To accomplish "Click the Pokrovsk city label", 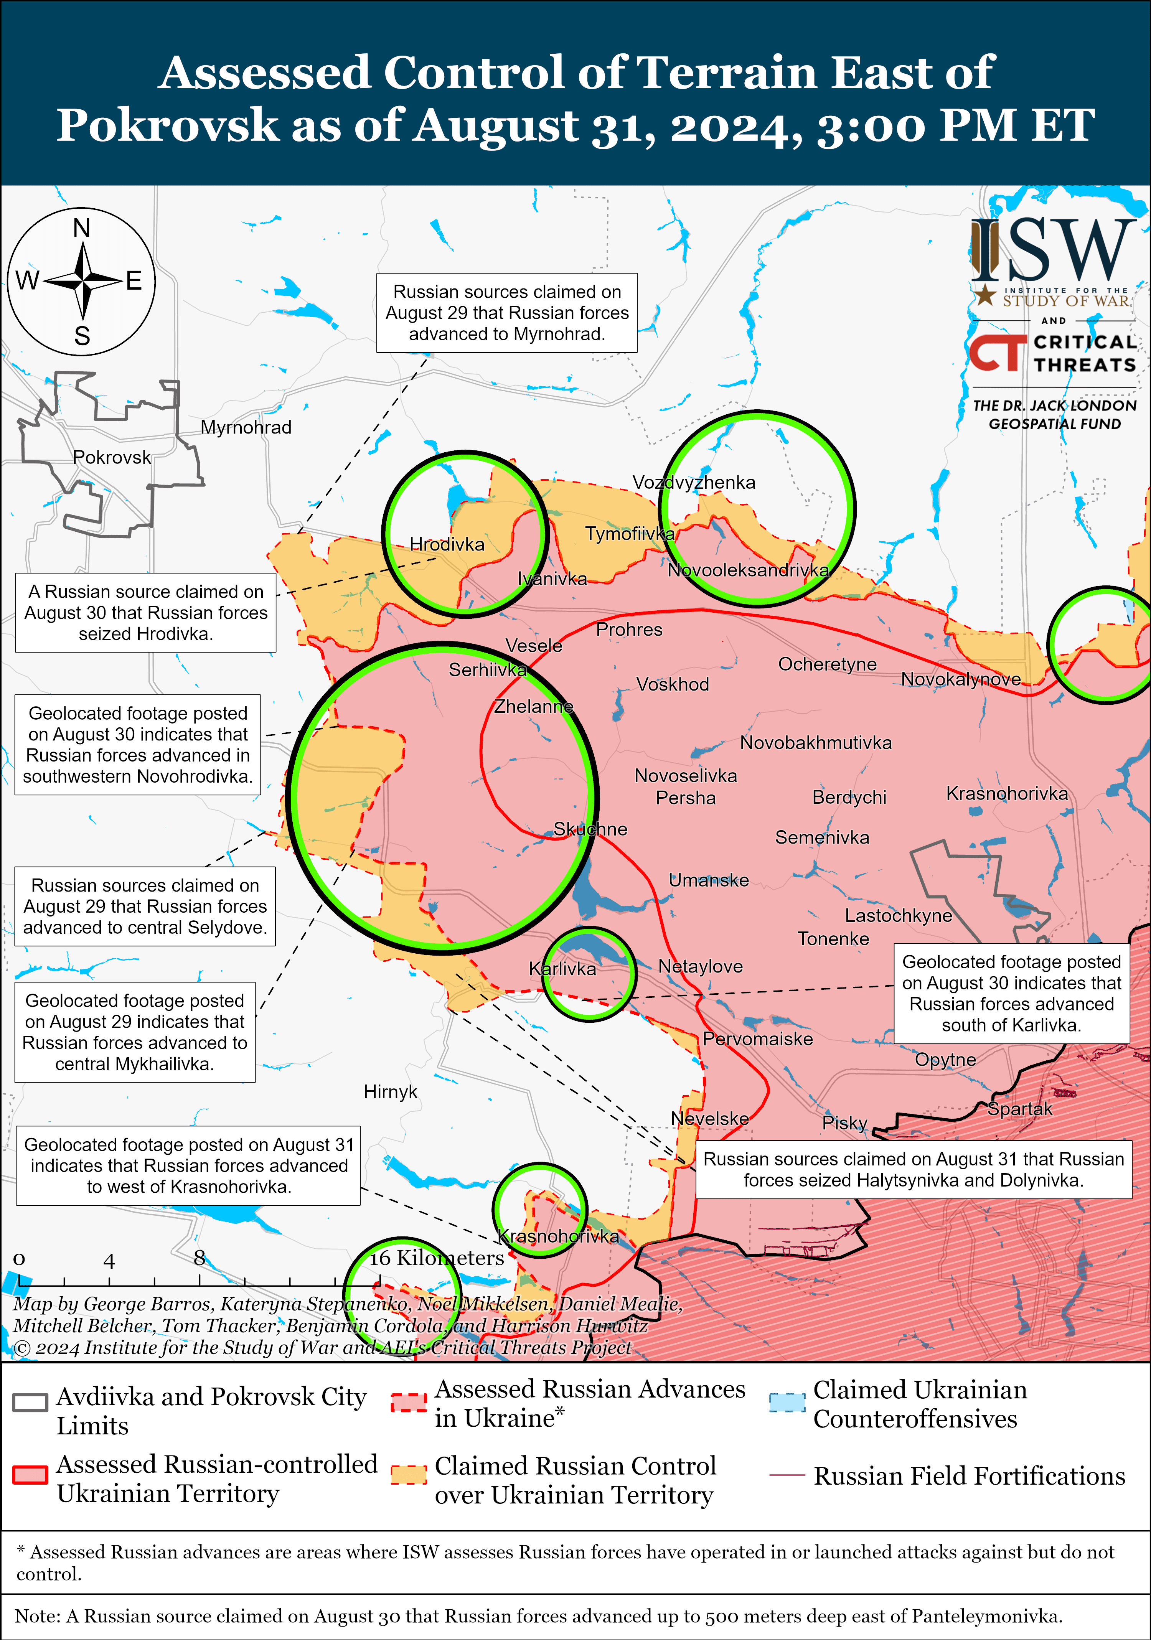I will (112, 457).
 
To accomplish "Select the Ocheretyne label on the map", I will (827, 664).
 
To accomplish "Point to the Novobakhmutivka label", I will (815, 743).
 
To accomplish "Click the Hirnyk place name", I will (390, 1091).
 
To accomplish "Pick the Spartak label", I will (1019, 1109).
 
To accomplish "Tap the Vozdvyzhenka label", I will (693, 482).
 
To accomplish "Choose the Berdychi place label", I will (849, 797).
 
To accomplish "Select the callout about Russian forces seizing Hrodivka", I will (146, 613).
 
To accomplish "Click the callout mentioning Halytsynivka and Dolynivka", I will (913, 1169).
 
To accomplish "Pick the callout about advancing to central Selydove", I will (145, 907).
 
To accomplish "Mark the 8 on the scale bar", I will (200, 1258).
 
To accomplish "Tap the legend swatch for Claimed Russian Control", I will (409, 1475).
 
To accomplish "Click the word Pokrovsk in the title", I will (167, 126).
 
